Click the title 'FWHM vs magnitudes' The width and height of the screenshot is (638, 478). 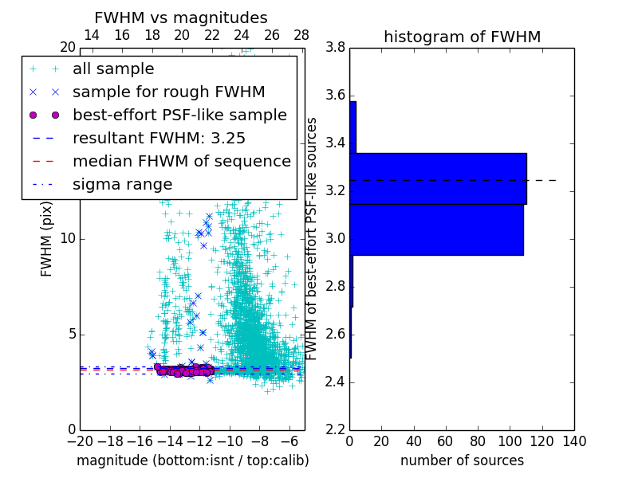(181, 18)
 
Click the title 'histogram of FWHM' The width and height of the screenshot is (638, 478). (462, 37)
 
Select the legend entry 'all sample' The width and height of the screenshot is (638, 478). (113, 69)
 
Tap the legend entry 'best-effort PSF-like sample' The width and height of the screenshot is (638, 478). (179, 116)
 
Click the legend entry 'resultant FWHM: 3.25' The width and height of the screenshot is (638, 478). (159, 139)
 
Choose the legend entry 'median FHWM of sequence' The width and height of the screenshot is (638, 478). (181, 162)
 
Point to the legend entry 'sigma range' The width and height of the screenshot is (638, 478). (122, 185)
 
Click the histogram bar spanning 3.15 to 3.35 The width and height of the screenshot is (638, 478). (438, 178)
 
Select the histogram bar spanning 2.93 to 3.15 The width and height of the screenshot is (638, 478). (436, 229)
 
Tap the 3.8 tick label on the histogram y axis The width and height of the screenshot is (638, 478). (336, 48)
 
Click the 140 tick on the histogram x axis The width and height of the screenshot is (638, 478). (573, 441)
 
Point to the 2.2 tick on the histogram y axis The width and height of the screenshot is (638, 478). (336, 429)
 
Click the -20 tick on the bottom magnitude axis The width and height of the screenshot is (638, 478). (80, 441)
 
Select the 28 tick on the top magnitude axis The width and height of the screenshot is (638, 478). (301, 35)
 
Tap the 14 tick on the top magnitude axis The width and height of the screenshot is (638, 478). (92, 35)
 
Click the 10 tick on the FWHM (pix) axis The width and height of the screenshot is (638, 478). (69, 239)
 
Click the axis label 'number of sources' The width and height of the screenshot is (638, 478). (462, 460)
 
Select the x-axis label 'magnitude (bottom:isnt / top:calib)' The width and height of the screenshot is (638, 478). (192, 460)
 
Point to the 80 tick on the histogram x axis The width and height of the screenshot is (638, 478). (478, 441)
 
